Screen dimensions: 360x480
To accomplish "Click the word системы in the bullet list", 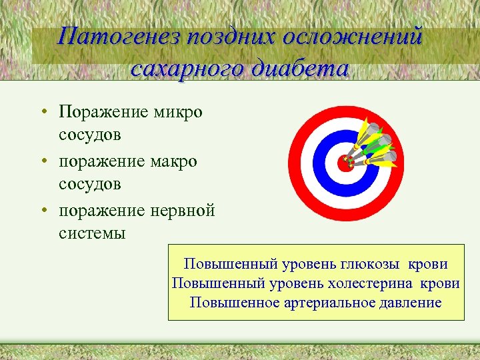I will click(92, 233).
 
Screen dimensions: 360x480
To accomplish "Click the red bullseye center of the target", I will click(345, 162).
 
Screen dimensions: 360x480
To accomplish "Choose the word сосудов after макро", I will click(90, 184).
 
